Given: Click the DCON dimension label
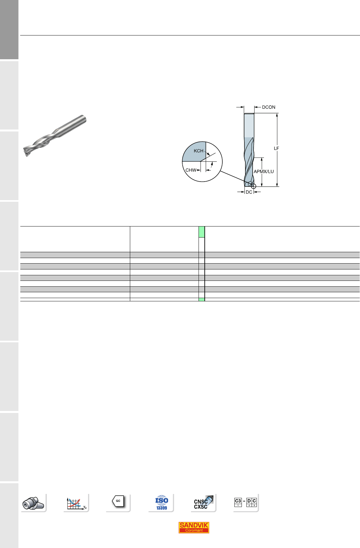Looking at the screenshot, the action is pyautogui.click(x=269, y=107).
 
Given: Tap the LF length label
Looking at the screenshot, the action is pyautogui.click(x=276, y=148).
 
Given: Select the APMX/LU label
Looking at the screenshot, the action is pyautogui.click(x=264, y=171).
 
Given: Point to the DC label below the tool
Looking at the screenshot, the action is pyautogui.click(x=249, y=192).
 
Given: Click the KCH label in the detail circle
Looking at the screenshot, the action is pyautogui.click(x=199, y=151).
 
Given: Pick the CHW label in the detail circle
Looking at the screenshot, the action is pyautogui.click(x=191, y=170).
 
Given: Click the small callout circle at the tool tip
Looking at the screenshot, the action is pyautogui.click(x=254, y=186).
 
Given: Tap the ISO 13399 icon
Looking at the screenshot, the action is pyautogui.click(x=161, y=502).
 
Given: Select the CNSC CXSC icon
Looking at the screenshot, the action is pyautogui.click(x=203, y=502).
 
